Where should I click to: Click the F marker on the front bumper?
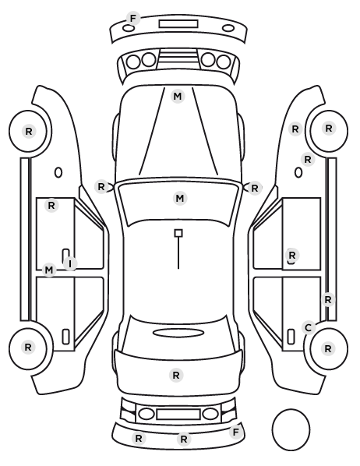tap(133, 19)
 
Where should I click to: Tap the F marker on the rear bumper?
tap(235, 432)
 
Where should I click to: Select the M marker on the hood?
tap(178, 97)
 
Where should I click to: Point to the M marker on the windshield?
tap(180, 198)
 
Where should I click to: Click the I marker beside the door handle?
tap(70, 263)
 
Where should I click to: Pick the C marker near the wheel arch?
tap(309, 328)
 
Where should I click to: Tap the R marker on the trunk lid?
tap(176, 376)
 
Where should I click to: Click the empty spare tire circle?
tap(291, 429)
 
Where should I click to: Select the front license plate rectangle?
tap(178, 24)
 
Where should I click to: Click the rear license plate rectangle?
tap(178, 414)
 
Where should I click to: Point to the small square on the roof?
tap(178, 233)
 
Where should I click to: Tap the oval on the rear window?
tap(178, 333)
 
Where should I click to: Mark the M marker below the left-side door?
tap(49, 270)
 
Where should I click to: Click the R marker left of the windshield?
tap(101, 187)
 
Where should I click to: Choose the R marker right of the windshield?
tap(255, 188)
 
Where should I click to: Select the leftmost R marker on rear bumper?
tap(139, 439)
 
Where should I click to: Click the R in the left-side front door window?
tap(51, 205)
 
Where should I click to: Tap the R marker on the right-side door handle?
tap(292, 255)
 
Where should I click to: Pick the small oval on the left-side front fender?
tap(58, 172)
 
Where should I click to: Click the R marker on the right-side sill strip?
tap(328, 299)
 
